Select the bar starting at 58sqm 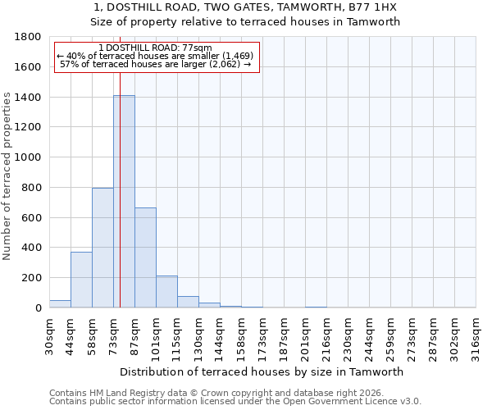pyautogui.click(x=102, y=248)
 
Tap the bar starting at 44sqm pyautogui.click(x=81, y=280)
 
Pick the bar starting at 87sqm pyautogui.click(x=145, y=257)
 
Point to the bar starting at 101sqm pyautogui.click(x=166, y=292)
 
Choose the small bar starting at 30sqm pyautogui.click(x=60, y=303)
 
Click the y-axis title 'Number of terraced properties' pyautogui.click(x=7, y=176)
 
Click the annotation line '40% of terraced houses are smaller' pyautogui.click(x=156, y=56)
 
